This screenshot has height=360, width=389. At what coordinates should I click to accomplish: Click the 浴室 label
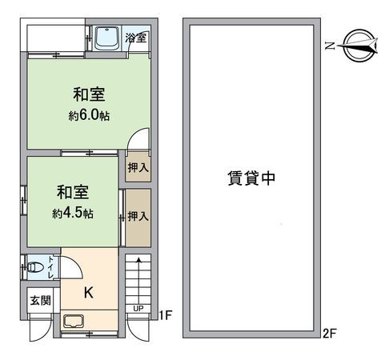click(136, 38)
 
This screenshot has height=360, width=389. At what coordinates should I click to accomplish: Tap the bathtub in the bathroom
click(106, 38)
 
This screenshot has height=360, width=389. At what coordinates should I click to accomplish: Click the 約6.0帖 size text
click(88, 115)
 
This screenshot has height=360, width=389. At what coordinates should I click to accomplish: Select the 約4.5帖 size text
click(73, 214)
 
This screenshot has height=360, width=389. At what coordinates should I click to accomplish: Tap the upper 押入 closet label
click(138, 169)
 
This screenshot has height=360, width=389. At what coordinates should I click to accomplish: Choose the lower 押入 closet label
click(138, 216)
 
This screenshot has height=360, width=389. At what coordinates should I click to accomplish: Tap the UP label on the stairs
click(138, 308)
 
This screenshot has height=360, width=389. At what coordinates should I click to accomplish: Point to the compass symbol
click(356, 46)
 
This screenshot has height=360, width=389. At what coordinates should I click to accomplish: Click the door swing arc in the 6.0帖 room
click(138, 138)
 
